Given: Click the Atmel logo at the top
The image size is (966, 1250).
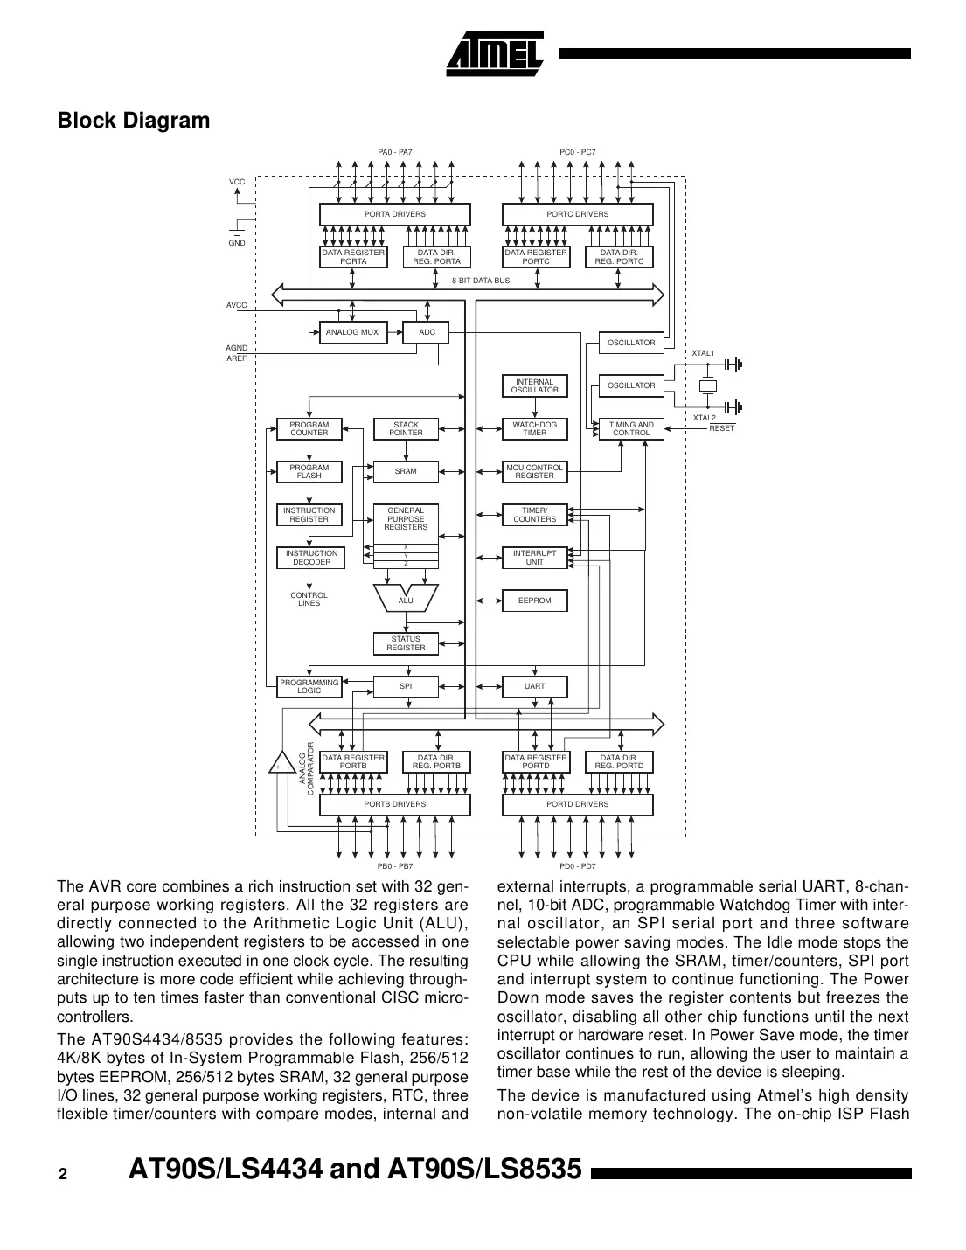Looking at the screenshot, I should (x=495, y=53).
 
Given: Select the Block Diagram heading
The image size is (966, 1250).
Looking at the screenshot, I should (x=133, y=121).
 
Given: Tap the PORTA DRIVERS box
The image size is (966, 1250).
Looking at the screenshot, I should (x=394, y=214).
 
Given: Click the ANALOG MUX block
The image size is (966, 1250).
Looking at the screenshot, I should (x=351, y=332).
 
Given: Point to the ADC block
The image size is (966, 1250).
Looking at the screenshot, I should (x=427, y=332).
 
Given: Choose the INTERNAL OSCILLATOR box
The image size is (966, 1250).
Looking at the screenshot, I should (x=534, y=385).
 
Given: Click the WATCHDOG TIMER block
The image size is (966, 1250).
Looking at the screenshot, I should (x=534, y=428).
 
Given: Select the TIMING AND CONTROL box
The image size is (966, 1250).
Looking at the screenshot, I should (x=630, y=428).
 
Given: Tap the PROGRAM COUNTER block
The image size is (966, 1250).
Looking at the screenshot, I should (x=309, y=428).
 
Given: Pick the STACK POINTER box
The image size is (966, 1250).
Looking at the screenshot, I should (x=406, y=428).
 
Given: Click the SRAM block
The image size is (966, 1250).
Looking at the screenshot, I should (x=406, y=471).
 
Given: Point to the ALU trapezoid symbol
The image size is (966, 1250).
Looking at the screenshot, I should (x=406, y=599).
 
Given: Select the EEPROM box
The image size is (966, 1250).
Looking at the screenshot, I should (x=534, y=601).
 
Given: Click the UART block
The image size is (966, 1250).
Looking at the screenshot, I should (x=534, y=686).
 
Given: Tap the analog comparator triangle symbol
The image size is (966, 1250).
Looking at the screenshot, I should (x=281, y=763).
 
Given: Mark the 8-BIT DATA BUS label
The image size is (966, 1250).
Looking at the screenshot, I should (x=481, y=281).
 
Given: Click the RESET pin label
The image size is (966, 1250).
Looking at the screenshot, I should (x=721, y=428).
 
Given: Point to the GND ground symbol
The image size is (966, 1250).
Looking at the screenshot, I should (x=237, y=232).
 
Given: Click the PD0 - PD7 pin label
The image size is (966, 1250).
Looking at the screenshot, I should (x=577, y=866).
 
